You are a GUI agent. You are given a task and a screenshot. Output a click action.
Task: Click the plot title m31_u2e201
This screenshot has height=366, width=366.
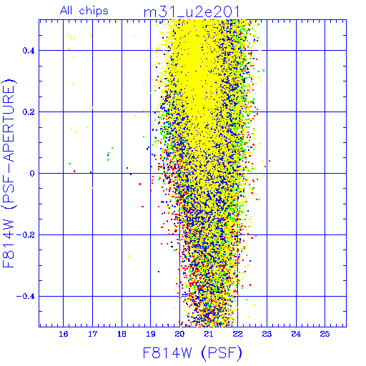point(192,11)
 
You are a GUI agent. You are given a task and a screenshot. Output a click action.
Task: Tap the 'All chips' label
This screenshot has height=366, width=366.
point(84,11)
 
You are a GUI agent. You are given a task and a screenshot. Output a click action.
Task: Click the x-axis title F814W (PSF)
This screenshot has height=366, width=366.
point(192,352)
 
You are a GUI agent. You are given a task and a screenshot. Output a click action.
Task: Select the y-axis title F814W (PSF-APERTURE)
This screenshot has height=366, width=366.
point(9,173)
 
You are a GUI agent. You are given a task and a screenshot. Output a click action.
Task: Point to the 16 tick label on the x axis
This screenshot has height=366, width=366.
point(64,334)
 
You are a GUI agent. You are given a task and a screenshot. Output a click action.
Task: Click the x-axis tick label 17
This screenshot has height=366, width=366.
point(92,334)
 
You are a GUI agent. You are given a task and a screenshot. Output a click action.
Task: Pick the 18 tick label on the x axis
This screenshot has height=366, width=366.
point(122,334)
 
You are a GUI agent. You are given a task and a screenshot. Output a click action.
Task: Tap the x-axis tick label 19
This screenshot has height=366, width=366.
point(151,334)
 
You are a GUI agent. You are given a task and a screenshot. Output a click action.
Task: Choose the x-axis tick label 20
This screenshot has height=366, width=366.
point(179,334)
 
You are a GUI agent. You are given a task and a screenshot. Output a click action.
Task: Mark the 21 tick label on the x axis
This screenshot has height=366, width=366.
point(209,334)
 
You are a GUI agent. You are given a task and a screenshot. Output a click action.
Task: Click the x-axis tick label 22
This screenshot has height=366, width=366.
point(238,334)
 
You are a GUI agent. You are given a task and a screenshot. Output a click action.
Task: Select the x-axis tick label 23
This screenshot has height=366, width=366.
point(267,334)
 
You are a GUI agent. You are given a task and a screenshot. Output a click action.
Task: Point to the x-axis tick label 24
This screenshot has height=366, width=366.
point(296,334)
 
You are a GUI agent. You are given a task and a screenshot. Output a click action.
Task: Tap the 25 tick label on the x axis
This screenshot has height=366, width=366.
point(325,334)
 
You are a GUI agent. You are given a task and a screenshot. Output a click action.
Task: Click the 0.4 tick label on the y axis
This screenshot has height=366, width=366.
point(29,51)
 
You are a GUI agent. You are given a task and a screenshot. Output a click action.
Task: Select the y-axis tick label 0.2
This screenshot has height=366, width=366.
point(29,112)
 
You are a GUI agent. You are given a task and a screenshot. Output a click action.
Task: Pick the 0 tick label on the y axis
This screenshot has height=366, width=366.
point(32,174)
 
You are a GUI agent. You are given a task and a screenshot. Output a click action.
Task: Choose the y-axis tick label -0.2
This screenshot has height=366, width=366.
point(26,235)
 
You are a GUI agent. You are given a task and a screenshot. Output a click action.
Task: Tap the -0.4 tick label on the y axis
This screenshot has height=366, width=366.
point(26,297)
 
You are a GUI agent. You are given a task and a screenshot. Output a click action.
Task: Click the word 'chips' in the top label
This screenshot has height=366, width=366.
point(94,11)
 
